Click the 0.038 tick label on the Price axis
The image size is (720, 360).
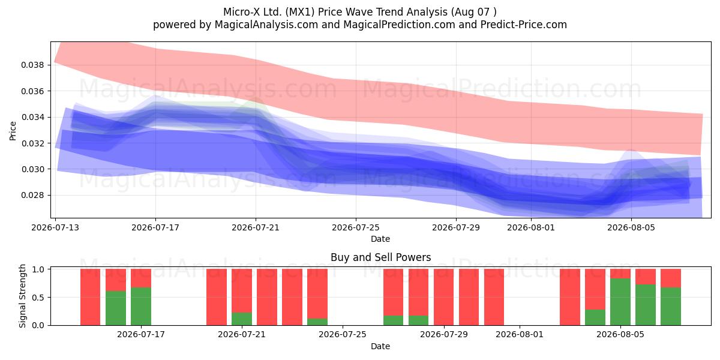point(32,65)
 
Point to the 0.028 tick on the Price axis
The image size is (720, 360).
point(32,196)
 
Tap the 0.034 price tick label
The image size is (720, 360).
point(32,117)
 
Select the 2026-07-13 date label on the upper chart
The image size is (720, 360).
point(55,227)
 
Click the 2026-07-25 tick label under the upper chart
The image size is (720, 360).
point(356,227)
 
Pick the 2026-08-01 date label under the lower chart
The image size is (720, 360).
point(520,335)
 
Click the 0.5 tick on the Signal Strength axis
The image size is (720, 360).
point(38,298)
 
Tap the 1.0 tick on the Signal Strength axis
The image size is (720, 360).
point(38,269)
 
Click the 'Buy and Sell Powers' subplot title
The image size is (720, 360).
point(380,257)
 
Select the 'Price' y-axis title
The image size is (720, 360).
point(13,131)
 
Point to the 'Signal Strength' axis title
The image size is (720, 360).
point(22,296)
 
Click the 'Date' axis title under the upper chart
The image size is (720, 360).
point(380,239)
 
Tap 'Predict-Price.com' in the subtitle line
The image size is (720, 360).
point(524,25)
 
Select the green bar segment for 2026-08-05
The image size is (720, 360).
point(620,302)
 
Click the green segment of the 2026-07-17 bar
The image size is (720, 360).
point(141,307)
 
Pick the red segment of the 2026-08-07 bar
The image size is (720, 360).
point(671,278)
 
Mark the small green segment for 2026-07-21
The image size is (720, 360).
point(242,319)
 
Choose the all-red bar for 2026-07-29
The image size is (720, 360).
point(443,297)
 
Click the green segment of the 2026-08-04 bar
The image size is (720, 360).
point(595,317)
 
